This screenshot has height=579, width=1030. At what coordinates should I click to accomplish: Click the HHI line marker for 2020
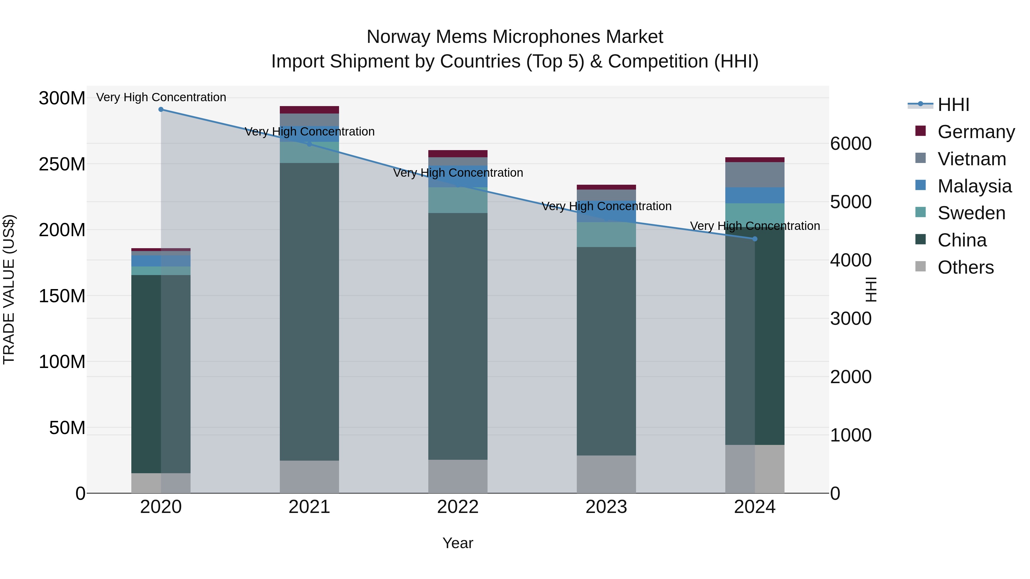pyautogui.click(x=161, y=110)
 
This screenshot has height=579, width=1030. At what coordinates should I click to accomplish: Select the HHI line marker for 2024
pyautogui.click(x=754, y=239)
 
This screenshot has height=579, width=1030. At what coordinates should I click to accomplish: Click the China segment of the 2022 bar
pyautogui.click(x=457, y=336)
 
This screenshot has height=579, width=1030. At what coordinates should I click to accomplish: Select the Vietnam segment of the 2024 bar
pyautogui.click(x=754, y=175)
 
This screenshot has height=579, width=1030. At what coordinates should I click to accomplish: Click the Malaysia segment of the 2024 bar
pyautogui.click(x=754, y=195)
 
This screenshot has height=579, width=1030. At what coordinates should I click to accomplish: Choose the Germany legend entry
pyautogui.click(x=976, y=132)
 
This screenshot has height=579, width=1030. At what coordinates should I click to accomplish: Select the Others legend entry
pyautogui.click(x=965, y=267)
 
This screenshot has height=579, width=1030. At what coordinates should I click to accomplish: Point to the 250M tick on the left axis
pyautogui.click(x=62, y=164)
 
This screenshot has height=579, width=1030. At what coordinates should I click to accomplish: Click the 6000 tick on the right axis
pyautogui.click(x=851, y=144)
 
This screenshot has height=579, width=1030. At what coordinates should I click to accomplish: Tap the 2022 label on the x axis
pyautogui.click(x=457, y=507)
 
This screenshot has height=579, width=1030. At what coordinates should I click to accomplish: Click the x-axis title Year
pyautogui.click(x=457, y=543)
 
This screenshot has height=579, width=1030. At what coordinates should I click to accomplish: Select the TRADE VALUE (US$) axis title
pyautogui.click(x=9, y=289)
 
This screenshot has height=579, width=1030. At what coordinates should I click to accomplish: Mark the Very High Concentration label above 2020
pyautogui.click(x=161, y=97)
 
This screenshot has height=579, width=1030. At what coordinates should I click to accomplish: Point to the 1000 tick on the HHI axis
pyautogui.click(x=851, y=435)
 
